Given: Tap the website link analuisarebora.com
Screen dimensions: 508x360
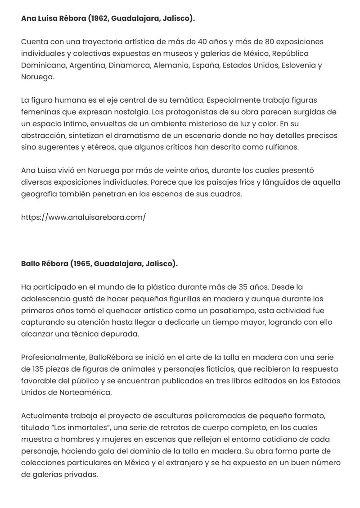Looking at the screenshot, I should [83, 217].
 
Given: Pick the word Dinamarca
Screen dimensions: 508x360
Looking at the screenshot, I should [128, 65].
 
